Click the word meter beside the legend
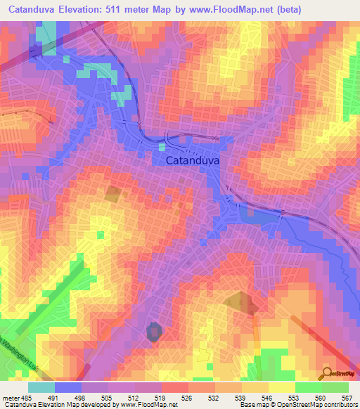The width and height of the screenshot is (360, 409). (12, 397)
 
